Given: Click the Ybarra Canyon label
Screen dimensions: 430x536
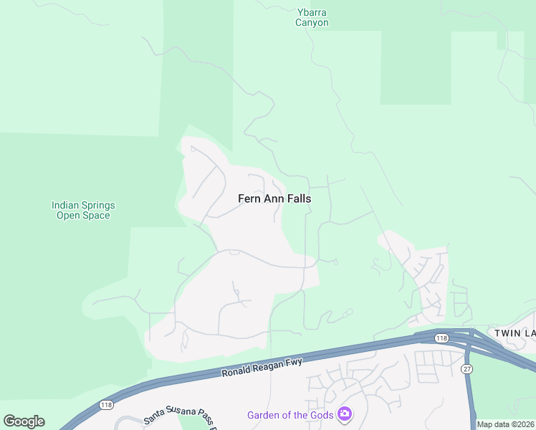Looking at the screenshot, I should (312, 17).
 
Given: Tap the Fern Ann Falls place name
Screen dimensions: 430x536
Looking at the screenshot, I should (274, 199).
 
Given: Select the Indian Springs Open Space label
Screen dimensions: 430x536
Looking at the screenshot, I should (83, 210).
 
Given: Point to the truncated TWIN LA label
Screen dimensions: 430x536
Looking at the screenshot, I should (515, 333).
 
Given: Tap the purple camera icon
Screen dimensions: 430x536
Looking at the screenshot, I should (345, 414).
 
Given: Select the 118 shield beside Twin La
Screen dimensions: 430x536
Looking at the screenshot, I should (441, 338).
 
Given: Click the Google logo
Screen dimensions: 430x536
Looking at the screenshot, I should (24, 421).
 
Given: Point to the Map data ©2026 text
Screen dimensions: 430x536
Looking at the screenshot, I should (506, 425).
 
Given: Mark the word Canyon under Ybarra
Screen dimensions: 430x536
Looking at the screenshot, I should (312, 23).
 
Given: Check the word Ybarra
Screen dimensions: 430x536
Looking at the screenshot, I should (312, 11).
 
